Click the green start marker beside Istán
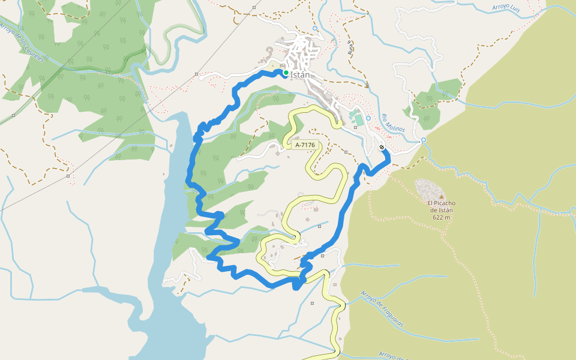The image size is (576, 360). point(286,73)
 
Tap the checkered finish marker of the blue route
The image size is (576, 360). point(382,147)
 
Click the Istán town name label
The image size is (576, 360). point(300,75)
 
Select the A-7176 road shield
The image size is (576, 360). point(305,145)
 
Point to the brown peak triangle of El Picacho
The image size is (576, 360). point(441,196)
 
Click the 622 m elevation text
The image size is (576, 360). point(441,217)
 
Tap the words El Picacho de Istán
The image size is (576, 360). point(441,206)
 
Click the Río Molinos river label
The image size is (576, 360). point(394,123)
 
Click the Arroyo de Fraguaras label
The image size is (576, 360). point(382,309)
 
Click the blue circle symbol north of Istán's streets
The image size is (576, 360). point(316,28)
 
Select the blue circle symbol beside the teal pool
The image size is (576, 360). point(368,118)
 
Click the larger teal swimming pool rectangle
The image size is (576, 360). point(359,121)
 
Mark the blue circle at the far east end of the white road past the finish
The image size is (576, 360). point(423,140)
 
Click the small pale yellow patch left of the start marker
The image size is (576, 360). point(274,66)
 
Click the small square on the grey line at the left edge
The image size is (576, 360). point(68,176)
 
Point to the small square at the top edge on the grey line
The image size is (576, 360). point(254,7)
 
